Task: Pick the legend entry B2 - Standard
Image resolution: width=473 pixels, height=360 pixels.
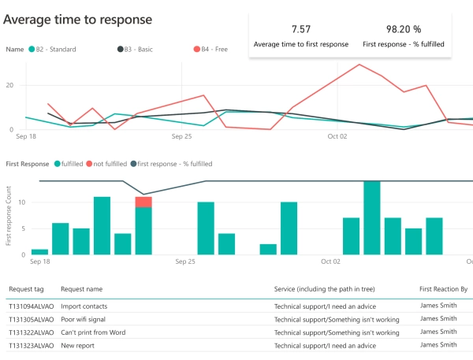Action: pos(53,49)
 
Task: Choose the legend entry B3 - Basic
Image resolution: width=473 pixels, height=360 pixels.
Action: pos(140,49)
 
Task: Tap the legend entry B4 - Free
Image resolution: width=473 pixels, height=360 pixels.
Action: pos(210,49)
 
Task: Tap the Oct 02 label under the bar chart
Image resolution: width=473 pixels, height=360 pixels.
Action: pos(332,262)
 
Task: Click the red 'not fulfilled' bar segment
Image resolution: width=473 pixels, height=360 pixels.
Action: pos(143,202)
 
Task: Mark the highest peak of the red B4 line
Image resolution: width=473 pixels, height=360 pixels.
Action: pos(359,65)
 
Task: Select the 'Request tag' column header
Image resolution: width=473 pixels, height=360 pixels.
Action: pos(26,290)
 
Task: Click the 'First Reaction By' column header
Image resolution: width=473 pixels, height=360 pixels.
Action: pos(444,290)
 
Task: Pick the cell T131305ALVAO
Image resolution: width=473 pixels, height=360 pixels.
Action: pos(32,319)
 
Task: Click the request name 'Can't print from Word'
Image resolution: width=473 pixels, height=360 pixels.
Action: pos(94,332)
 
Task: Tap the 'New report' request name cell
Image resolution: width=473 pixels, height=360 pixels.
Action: pos(77,346)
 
